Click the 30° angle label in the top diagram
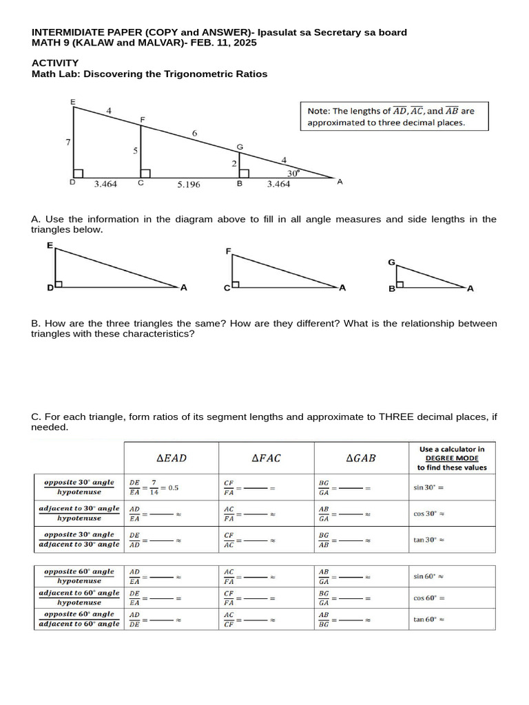pyautogui.click(x=293, y=173)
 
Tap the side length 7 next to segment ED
pyautogui.click(x=68, y=142)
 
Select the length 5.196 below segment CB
pyautogui.click(x=188, y=185)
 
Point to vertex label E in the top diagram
pyautogui.click(x=73, y=102)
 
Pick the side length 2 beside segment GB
pyautogui.click(x=234, y=163)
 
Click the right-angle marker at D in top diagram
pyautogui.click(x=79, y=173)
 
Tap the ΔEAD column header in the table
pyautogui.click(x=172, y=458)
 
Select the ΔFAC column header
pyautogui.click(x=267, y=458)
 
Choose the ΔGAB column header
pyautogui.click(x=362, y=458)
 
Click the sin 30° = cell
pyautogui.click(x=427, y=487)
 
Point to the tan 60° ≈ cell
pyautogui.click(x=428, y=619)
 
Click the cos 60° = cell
pyautogui.click(x=428, y=598)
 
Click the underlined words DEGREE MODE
pyautogui.click(x=451, y=458)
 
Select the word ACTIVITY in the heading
pyautogui.click(x=55, y=63)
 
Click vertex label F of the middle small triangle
pyautogui.click(x=228, y=252)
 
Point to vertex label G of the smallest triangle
pyautogui.click(x=391, y=262)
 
